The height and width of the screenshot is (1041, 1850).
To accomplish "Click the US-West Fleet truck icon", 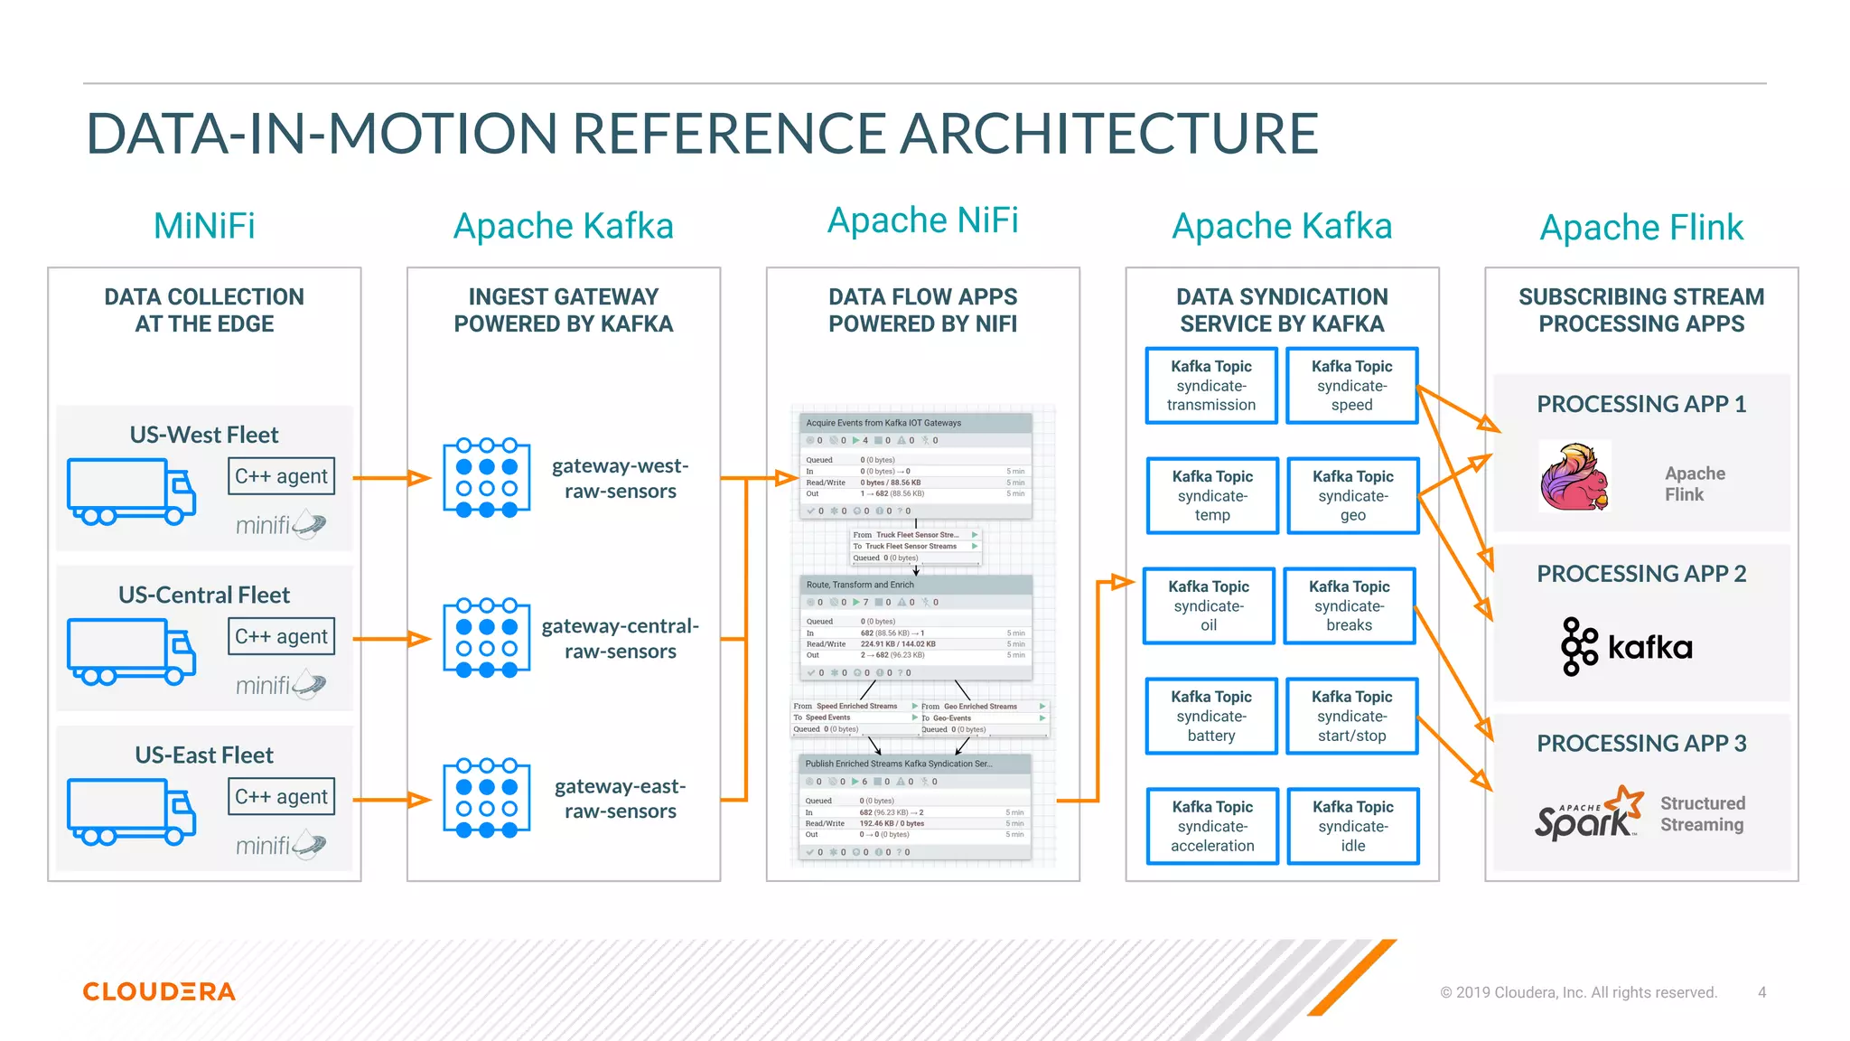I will tap(131, 491).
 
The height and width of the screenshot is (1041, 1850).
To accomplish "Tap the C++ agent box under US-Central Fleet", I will tap(282, 636).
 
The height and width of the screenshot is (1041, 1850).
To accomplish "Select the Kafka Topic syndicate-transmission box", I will tap(1211, 386).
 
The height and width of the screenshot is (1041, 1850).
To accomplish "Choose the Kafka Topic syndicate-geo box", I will tap(1352, 495).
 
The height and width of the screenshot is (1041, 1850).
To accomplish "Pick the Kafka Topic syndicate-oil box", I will tap(1209, 605).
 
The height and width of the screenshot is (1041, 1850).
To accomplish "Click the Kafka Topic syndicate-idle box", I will tap(1352, 826).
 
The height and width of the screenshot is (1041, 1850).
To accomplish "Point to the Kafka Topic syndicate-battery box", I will tap(1211, 716).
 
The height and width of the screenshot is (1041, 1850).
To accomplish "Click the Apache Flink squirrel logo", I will tap(1574, 476).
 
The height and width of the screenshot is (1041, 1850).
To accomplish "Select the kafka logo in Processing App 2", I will tap(1626, 646).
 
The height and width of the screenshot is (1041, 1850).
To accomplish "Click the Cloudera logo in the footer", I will tap(159, 991).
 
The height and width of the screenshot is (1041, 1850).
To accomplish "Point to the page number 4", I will tap(1761, 992).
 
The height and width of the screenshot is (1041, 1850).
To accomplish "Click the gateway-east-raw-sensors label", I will tap(620, 799).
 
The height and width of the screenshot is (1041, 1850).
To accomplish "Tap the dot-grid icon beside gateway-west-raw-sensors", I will tap(487, 478).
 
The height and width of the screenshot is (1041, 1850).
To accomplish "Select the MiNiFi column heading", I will tap(204, 226).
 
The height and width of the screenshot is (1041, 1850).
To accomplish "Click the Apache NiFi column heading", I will tap(922, 220).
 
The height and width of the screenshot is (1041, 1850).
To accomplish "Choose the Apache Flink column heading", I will tap(1641, 228).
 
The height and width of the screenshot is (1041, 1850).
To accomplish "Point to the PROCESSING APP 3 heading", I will tap(1641, 744).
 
